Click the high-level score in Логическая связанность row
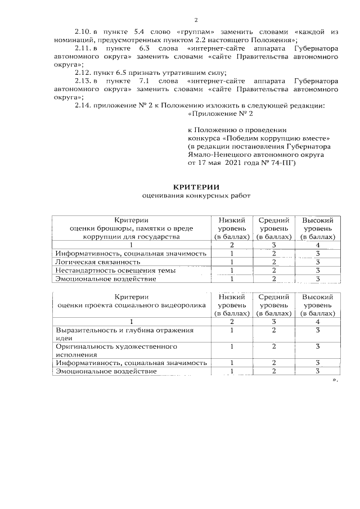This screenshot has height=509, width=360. (318, 262)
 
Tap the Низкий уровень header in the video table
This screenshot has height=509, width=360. (231, 304)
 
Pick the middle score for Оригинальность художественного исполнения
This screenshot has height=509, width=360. (273, 346)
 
